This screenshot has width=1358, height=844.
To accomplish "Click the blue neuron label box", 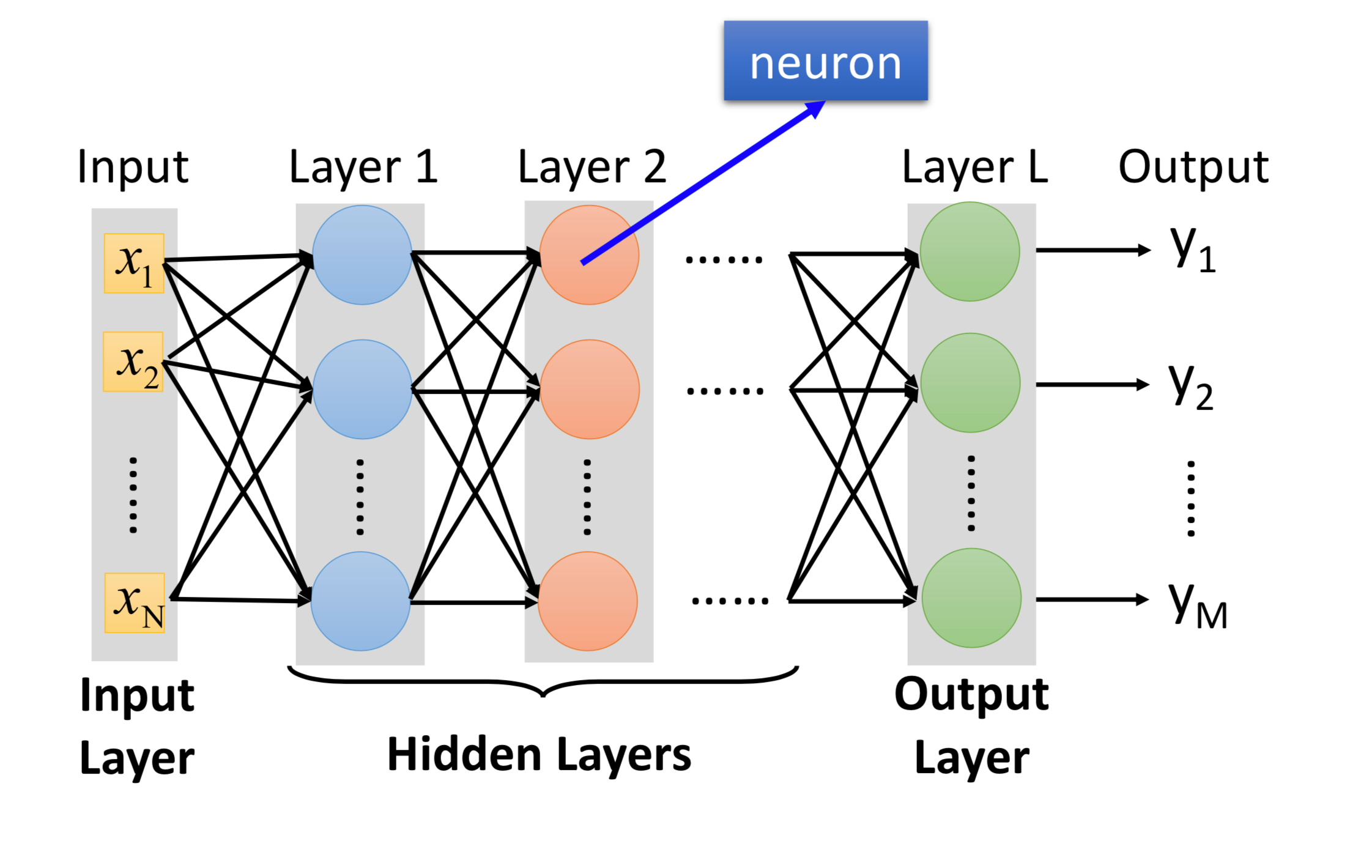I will [825, 61].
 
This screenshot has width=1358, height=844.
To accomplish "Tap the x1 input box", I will [134, 263].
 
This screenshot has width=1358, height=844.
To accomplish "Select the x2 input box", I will [133, 361].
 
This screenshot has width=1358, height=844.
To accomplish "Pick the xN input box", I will [135, 602].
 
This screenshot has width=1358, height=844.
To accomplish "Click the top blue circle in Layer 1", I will [362, 254].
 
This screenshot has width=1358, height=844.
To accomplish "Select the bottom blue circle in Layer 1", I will [360, 601].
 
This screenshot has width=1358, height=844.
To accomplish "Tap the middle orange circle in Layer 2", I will [590, 389].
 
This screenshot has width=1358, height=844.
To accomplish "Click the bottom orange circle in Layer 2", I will [588, 601].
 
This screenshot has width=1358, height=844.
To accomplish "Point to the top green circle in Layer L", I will [970, 251].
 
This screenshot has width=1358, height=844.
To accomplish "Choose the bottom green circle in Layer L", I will [971, 598].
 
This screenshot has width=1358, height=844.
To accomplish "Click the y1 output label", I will [1192, 250].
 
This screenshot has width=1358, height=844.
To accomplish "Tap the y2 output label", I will [1190, 386].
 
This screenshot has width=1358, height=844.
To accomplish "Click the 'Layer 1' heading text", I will [363, 167].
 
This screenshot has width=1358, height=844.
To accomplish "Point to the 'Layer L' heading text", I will [975, 167].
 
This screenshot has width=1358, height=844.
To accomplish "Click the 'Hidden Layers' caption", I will [539, 754].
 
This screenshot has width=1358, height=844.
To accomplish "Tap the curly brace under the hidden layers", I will [543, 681].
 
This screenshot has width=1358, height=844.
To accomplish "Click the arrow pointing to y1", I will [1093, 250].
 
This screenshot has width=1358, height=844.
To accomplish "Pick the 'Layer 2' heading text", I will [592, 167].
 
